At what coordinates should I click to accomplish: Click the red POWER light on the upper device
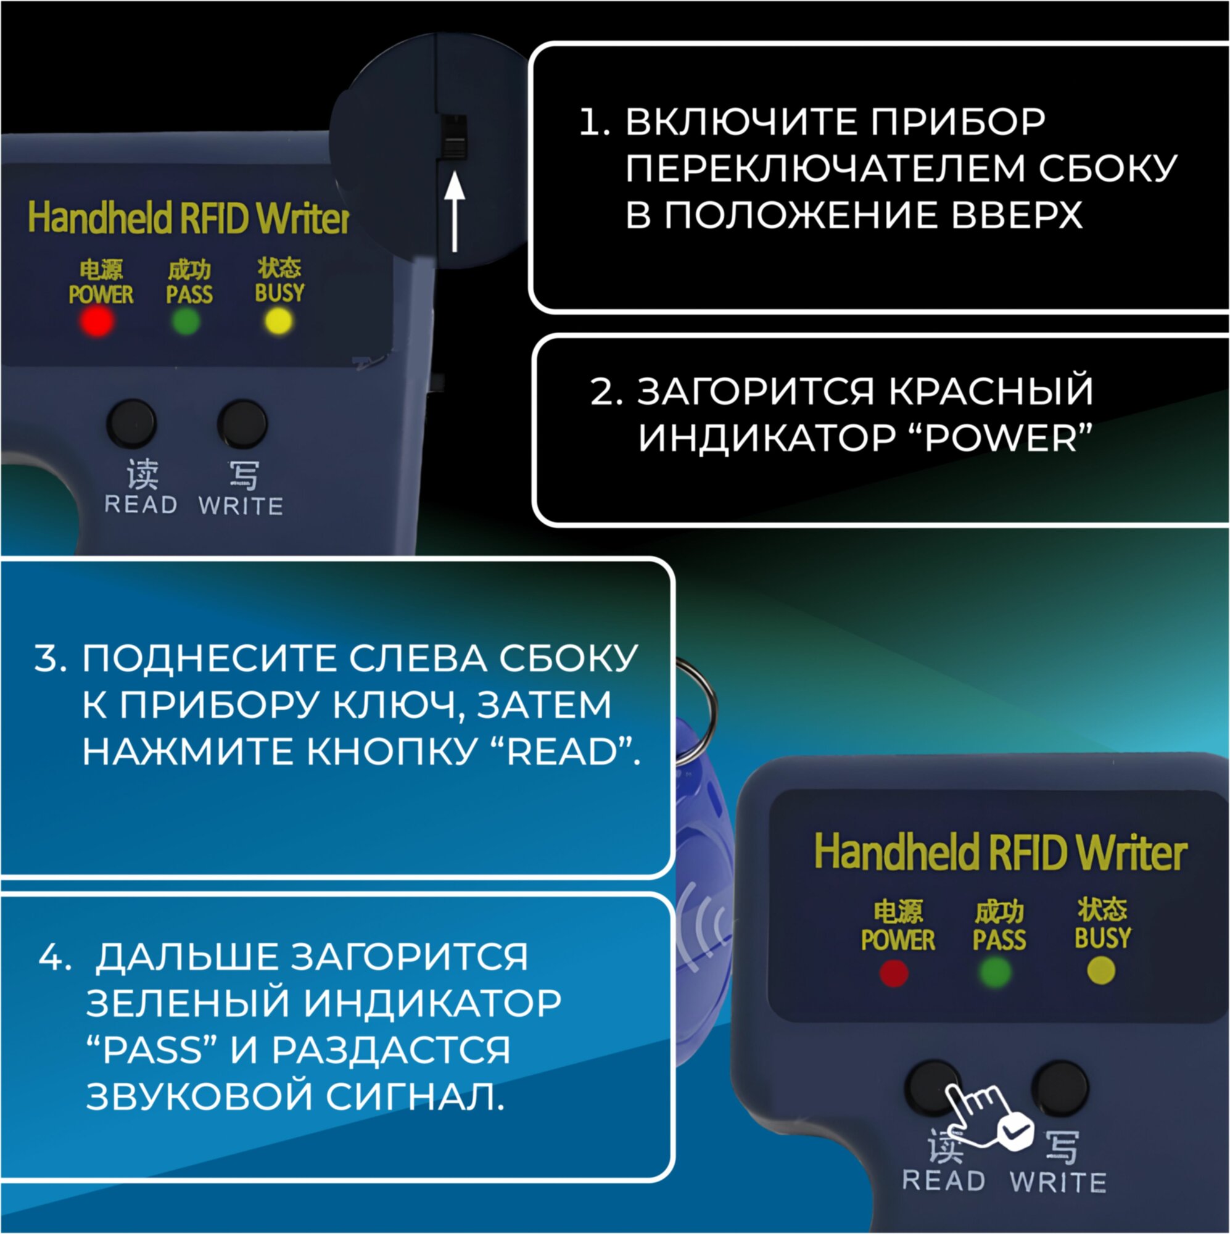tap(97, 321)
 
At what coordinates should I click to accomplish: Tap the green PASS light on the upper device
tap(186, 321)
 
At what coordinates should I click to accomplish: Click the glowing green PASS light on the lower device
tap(995, 974)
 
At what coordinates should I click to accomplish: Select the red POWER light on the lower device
tap(893, 974)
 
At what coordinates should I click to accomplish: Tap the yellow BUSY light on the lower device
tap(1101, 972)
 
